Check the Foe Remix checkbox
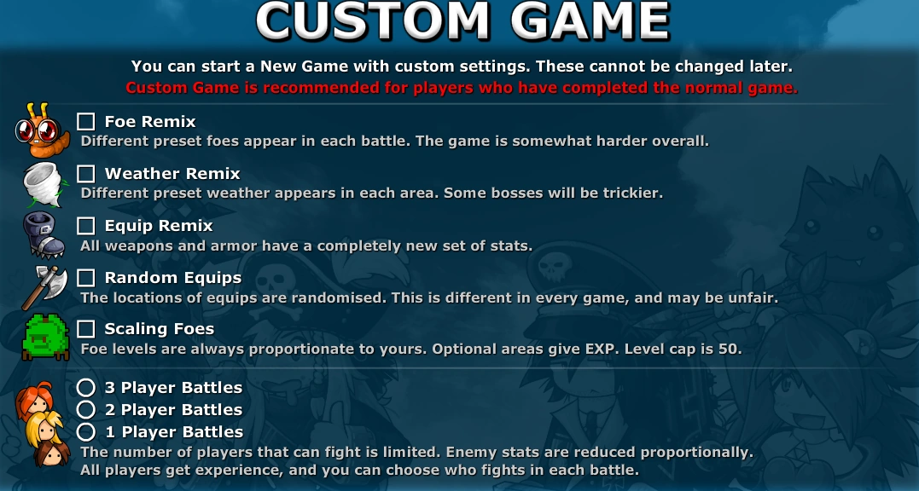click(x=86, y=122)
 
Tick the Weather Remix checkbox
click(x=86, y=174)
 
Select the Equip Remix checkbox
click(x=86, y=226)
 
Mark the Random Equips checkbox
click(x=86, y=278)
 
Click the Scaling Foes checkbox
click(x=86, y=329)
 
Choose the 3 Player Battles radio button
click(x=86, y=388)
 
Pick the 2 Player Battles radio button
click(x=86, y=410)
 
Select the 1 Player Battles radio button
click(x=86, y=432)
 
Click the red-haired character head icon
click(x=34, y=400)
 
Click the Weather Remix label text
click(x=172, y=174)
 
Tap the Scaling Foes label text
click(x=160, y=329)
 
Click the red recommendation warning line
click(x=461, y=88)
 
